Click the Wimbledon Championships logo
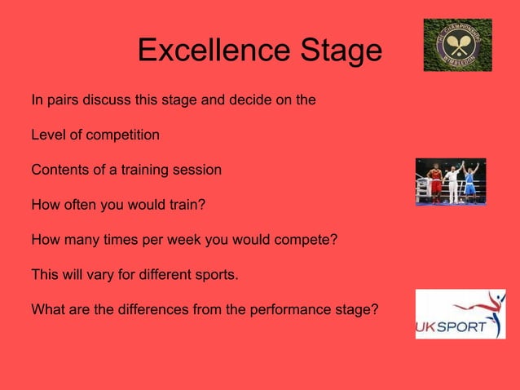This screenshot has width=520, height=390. (x=457, y=45)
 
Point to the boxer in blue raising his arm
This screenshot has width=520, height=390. (x=471, y=183)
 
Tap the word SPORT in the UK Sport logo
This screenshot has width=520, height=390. (x=464, y=328)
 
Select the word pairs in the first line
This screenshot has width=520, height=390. (x=61, y=101)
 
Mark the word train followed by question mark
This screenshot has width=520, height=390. (x=183, y=206)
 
